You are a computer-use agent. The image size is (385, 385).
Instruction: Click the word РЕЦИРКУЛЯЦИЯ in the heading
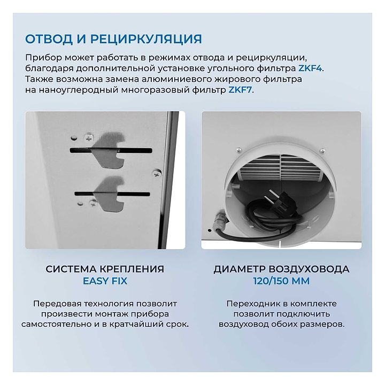coord(146,39)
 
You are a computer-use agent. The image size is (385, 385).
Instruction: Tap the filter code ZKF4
coord(310,68)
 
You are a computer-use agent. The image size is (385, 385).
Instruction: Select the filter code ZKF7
coord(240,90)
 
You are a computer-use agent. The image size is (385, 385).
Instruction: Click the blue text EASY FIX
coord(105,281)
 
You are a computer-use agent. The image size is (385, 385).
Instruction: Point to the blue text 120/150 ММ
coord(281,281)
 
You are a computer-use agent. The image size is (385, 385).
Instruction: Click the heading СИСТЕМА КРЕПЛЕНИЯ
coord(105,269)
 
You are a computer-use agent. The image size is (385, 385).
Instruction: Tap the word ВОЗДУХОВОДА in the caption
coord(309,269)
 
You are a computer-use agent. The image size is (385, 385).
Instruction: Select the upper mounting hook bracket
coord(108,150)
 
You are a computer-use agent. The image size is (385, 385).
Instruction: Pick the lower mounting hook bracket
coord(109,194)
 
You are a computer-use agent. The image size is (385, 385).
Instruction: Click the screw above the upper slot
coord(88,138)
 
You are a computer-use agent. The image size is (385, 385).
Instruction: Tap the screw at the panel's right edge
coord(157,173)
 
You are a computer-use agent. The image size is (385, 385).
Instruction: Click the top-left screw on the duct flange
coord(238,150)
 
